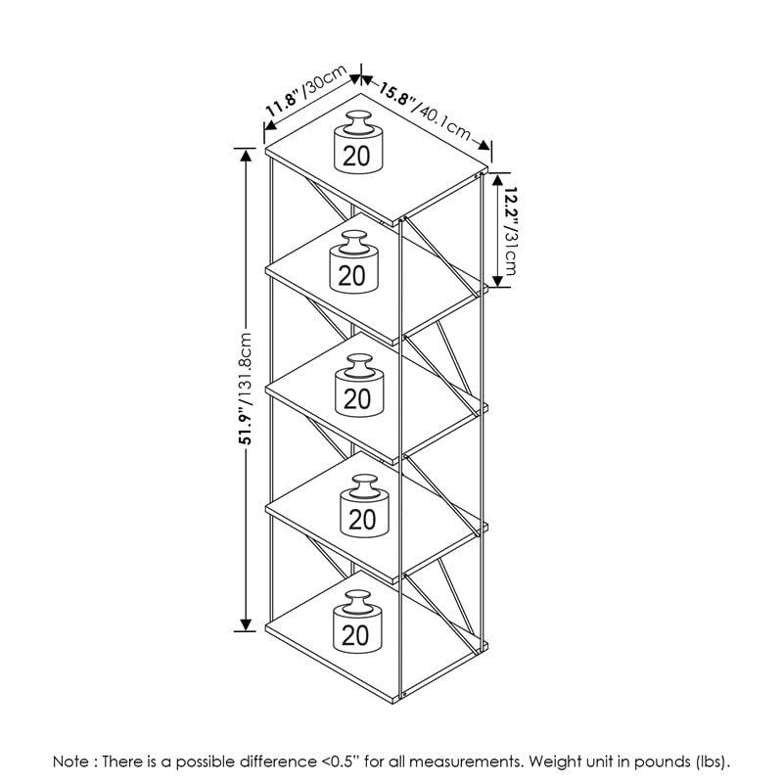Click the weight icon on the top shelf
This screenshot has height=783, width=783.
click(358, 142)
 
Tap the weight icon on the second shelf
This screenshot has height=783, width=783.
click(354, 261)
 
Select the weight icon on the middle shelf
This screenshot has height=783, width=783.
click(359, 385)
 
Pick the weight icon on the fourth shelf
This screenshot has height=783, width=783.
click(364, 506)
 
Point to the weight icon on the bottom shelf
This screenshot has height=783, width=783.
click(357, 622)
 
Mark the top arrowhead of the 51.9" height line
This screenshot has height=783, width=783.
click(246, 156)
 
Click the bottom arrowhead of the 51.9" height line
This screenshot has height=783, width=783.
click(246, 624)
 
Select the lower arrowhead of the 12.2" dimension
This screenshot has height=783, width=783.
click(497, 281)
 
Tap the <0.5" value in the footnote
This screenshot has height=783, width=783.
click(340, 761)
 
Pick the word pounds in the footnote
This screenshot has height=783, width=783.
click(662, 762)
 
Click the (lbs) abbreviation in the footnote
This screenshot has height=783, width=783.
click(709, 762)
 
